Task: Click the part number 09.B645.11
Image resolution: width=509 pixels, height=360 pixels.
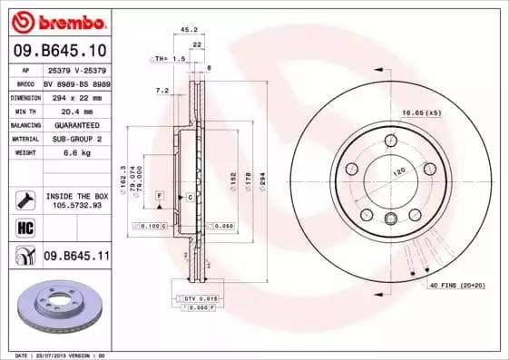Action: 76,257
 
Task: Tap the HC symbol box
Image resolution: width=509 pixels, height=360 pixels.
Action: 25,226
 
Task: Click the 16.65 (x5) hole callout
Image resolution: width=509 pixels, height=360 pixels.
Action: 422,112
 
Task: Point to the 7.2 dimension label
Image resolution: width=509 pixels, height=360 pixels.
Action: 162,90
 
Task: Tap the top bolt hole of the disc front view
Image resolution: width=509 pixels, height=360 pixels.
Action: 391,140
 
